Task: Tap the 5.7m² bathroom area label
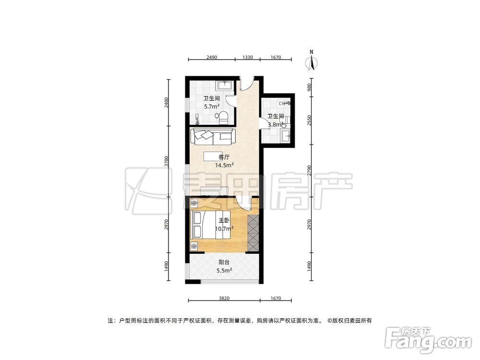click(x=212, y=107)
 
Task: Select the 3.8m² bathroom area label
click(x=276, y=124)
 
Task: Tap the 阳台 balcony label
click(x=223, y=263)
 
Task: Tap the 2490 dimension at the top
click(x=212, y=57)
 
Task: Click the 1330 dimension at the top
click(x=247, y=57)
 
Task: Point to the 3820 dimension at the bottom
click(x=224, y=299)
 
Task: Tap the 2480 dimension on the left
click(x=167, y=102)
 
